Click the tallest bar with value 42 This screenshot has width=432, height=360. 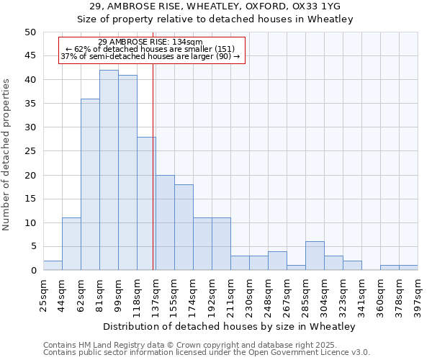pyautogui.click(x=109, y=170)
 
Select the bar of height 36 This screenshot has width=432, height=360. pyautogui.click(x=90, y=184)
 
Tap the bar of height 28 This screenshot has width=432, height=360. pyautogui.click(x=146, y=204)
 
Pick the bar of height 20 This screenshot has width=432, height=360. pyautogui.click(x=165, y=222)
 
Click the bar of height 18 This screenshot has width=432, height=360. pyautogui.click(x=184, y=228)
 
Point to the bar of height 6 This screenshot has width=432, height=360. pyautogui.click(x=315, y=256)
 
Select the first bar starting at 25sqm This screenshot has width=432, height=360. pyautogui.click(x=53, y=266)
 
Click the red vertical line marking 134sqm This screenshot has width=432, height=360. pyautogui.click(x=153, y=180)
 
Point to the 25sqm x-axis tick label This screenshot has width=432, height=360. pyautogui.click(x=43, y=294)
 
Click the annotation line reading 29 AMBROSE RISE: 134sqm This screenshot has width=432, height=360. pyautogui.click(x=150, y=42)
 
